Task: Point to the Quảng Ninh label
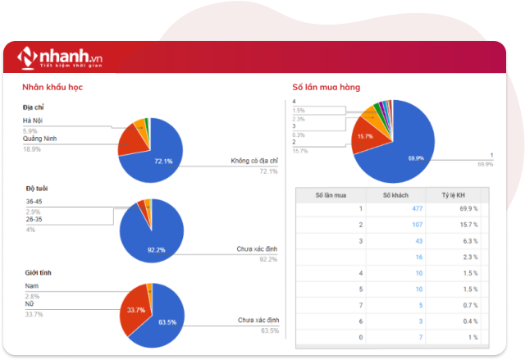(39, 139)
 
